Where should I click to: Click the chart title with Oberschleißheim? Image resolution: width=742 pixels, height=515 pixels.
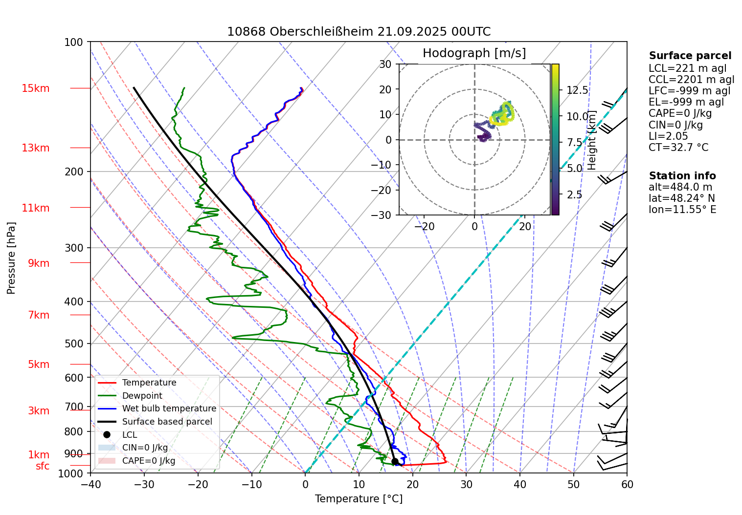359,32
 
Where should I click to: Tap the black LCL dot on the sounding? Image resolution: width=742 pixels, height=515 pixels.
395,461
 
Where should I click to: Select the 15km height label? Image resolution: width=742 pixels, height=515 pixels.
35,88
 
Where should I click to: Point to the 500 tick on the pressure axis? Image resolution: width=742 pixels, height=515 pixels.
74,343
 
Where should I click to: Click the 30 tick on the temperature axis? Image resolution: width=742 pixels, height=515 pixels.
466,484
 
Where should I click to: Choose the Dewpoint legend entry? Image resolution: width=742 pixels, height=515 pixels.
142,396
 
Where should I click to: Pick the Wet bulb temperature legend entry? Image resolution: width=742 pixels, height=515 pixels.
169,408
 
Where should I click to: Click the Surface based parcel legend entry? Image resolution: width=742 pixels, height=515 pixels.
167,422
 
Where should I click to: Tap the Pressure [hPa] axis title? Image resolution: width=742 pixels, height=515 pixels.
11,258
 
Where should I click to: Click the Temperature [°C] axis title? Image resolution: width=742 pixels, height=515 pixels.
359,499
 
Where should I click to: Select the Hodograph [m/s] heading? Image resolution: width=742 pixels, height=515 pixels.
474,53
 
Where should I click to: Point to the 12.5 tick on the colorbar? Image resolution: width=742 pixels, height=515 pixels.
577,90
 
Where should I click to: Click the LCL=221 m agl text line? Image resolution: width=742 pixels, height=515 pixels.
687,68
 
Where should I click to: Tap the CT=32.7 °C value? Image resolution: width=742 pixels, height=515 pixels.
678,148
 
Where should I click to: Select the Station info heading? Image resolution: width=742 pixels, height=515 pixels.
682,176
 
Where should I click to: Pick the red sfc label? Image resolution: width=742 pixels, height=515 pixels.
43,466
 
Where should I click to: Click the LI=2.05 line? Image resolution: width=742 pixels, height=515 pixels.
668,136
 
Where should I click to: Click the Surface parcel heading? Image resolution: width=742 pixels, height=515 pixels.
690,56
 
